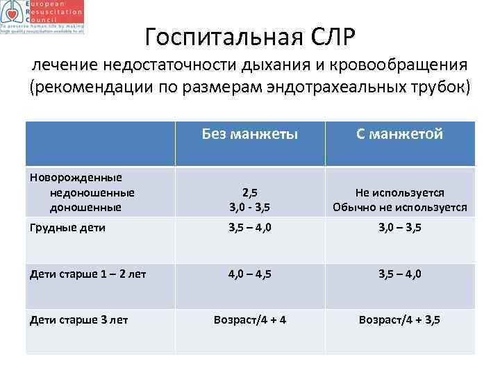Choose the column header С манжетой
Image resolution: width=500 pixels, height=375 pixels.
point(399,134)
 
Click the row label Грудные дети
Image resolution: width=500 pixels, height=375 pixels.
point(67,227)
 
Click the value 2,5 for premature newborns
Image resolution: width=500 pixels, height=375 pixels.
point(250,192)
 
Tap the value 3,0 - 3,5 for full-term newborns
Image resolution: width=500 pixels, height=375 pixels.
point(250,207)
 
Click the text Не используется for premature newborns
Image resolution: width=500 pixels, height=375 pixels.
point(399,192)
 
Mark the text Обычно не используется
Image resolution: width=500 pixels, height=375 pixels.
point(399,207)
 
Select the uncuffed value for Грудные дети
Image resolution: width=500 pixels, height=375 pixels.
point(250,227)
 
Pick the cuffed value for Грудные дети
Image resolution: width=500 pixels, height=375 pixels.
point(399,227)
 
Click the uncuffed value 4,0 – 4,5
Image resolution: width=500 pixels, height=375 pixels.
point(250,274)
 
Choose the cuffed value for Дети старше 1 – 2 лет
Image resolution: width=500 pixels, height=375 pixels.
point(399,274)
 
